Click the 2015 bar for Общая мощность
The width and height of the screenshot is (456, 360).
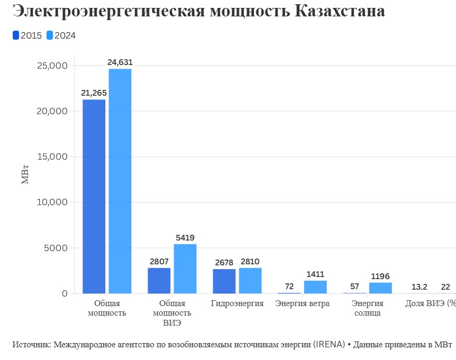point(94,196)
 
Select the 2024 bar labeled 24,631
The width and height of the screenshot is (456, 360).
point(120,181)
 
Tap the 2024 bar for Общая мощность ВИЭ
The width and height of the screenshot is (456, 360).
point(185,269)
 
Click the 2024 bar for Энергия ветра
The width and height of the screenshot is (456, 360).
point(315,287)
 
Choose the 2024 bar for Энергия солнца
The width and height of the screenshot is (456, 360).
point(380,288)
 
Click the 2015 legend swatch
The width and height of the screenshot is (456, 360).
point(16,35)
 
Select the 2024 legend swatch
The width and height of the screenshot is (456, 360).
point(50,35)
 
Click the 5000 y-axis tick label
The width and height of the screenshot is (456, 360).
point(56,248)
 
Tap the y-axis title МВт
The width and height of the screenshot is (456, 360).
point(25,175)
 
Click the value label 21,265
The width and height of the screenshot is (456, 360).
point(94,93)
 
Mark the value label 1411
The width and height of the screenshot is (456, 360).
point(315,274)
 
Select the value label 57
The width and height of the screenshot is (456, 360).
point(354,287)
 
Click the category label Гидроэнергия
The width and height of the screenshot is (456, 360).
point(237,303)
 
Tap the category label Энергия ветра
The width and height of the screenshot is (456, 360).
point(303,303)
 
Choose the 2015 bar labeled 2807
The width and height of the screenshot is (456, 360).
point(159,280)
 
